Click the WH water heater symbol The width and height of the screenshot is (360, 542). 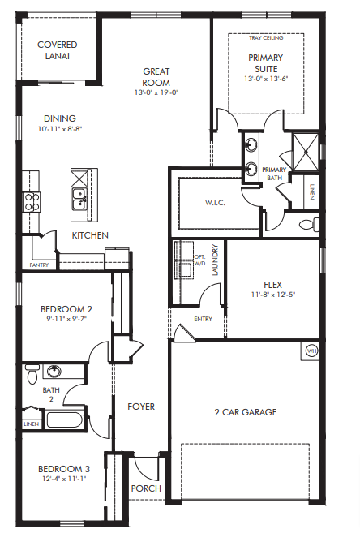(x=311, y=351)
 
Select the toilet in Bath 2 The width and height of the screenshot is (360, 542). (x=32, y=373)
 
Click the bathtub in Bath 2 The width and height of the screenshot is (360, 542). (x=65, y=419)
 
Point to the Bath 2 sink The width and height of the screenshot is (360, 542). (x=54, y=371)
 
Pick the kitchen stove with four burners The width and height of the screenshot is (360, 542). (x=32, y=202)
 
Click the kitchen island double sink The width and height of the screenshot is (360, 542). (x=79, y=199)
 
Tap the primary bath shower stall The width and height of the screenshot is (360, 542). (x=306, y=152)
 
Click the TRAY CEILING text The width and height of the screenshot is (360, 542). (x=266, y=37)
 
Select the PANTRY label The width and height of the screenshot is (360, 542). (x=39, y=265)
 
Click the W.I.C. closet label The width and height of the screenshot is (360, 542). (x=215, y=203)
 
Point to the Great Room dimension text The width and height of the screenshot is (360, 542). (x=156, y=92)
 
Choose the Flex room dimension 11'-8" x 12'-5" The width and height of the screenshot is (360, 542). (x=273, y=295)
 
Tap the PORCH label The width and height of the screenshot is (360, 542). (x=146, y=488)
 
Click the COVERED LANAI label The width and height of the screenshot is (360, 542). (x=58, y=50)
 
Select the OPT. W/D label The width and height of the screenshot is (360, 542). (x=199, y=260)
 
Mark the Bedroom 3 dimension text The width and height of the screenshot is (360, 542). (x=64, y=479)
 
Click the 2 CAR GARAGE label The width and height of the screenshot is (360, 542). (x=246, y=412)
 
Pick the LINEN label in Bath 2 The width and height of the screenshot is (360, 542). (x=32, y=424)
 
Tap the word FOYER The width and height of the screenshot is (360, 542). (x=141, y=406)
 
